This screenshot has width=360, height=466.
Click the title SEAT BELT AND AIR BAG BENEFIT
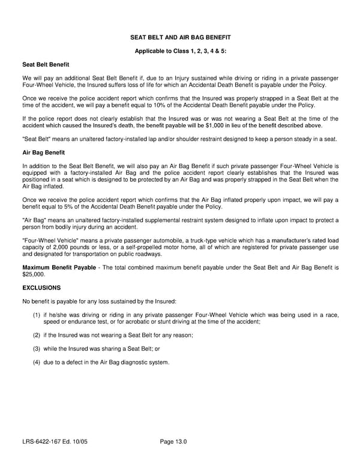coord(180,37)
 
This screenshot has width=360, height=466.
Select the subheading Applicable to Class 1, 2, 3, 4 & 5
coord(180,51)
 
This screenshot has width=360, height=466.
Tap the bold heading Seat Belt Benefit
coord(46,64)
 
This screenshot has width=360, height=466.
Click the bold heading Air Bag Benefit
coord(43,153)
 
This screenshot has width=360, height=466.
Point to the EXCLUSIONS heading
coord(41,288)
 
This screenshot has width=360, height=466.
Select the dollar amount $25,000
coord(30,273)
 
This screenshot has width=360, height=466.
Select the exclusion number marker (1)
coord(36,315)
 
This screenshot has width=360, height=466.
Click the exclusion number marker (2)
coord(36,335)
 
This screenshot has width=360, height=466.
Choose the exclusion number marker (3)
coord(36,348)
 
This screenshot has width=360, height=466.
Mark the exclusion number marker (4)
coord(36,362)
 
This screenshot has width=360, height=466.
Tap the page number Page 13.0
coord(173,443)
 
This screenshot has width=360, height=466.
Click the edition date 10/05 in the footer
coord(87,443)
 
